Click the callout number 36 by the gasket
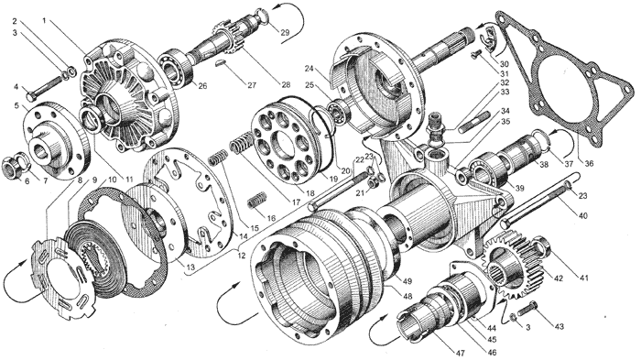[x=589, y=164]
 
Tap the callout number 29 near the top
[x=285, y=32]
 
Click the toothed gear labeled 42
[x=513, y=266]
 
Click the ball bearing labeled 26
[x=177, y=67]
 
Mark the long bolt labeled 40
[x=543, y=202]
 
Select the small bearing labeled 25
[x=339, y=110]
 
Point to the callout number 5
[x=16, y=105]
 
